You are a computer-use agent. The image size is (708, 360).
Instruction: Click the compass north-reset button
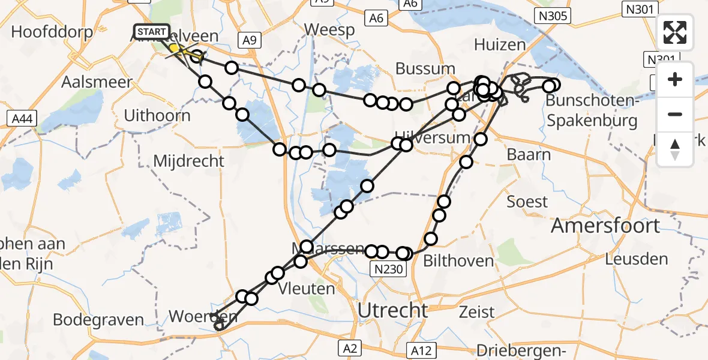[x=675, y=149]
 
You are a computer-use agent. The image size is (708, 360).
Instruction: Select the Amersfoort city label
[x=605, y=226]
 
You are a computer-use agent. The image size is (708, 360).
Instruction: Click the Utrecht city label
[x=392, y=310]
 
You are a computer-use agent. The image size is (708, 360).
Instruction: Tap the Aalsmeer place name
[x=97, y=82]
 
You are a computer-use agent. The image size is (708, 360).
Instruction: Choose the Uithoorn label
[x=157, y=115]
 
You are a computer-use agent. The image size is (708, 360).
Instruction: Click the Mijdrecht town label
[x=189, y=161]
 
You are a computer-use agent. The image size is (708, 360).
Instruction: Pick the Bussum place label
[x=425, y=69]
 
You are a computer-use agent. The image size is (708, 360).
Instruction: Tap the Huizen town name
[x=500, y=44]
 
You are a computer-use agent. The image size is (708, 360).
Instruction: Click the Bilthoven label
[x=458, y=260]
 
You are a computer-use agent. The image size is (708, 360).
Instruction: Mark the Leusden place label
[x=637, y=259]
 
